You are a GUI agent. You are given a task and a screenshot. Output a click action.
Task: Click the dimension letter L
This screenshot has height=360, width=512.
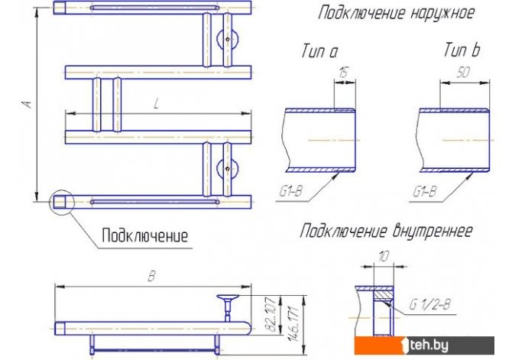tap(157, 103)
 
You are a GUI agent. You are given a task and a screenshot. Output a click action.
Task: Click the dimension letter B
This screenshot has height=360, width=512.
tap(151, 277)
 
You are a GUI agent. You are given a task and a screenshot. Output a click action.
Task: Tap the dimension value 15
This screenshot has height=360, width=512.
tap(343, 73)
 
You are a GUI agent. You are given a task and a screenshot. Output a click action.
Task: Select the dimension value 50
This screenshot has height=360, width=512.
tap(463, 72)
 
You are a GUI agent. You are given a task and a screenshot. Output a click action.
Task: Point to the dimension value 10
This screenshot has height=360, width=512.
tap(384, 257)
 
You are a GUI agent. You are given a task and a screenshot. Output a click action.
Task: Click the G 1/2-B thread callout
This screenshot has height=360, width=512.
tap(430, 305)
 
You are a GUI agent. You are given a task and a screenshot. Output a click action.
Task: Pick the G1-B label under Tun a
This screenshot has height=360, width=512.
tap(290, 191)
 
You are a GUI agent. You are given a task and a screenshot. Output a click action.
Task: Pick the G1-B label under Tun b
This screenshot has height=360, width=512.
tap(424, 191)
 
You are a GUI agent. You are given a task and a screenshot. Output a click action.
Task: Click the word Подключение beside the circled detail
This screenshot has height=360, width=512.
tap(145, 235)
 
